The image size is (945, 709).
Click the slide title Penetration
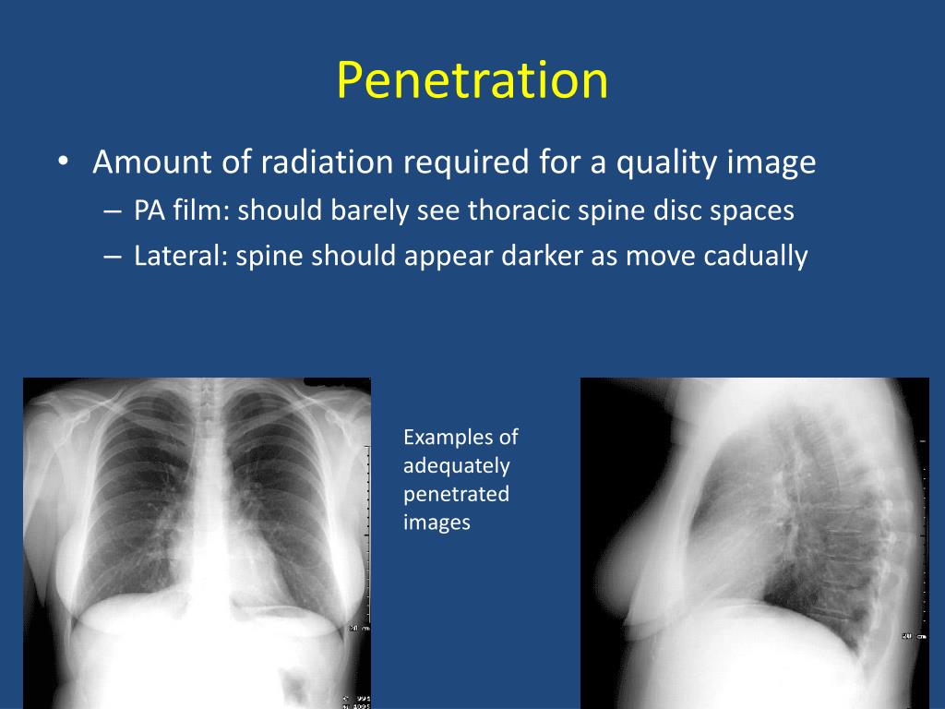point(472,80)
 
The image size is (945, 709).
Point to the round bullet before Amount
point(62,163)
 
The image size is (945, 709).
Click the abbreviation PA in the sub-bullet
point(150,210)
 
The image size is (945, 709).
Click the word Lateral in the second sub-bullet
point(176,256)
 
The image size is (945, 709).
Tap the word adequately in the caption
point(456,465)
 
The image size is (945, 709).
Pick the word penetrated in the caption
point(456,494)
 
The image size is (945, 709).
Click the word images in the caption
point(437,523)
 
